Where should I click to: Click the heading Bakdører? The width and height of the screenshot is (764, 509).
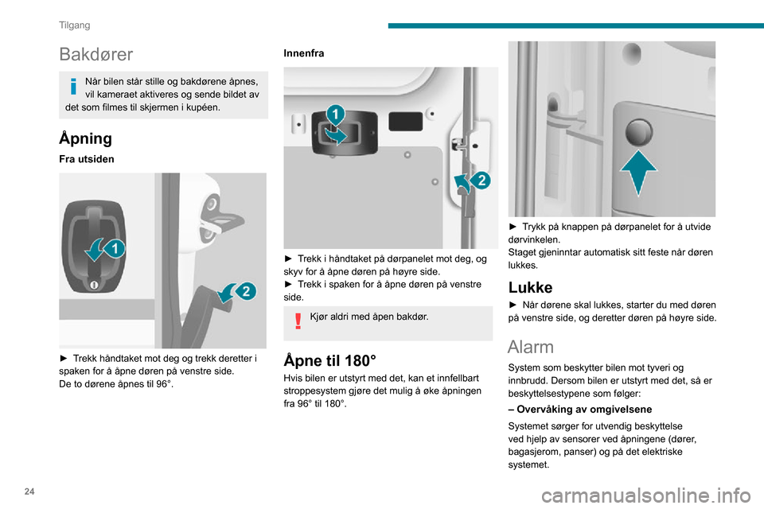95,54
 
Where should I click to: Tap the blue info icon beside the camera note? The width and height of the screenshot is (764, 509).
73,86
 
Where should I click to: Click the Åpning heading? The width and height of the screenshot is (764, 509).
85,138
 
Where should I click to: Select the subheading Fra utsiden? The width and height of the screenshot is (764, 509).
86,159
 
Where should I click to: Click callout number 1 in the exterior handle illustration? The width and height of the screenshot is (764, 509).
115,249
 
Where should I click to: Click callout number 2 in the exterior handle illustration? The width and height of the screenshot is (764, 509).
246,291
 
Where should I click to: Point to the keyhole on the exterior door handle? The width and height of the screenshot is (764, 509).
94,285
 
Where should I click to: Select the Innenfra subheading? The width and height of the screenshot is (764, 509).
303,53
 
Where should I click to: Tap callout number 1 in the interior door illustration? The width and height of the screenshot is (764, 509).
335,115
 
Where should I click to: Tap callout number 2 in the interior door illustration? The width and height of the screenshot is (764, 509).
481,181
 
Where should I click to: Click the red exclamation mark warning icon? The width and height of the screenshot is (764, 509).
298,321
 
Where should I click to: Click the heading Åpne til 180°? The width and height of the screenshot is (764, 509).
329,360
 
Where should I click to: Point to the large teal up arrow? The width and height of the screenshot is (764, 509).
638,173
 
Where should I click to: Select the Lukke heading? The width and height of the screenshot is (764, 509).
530,287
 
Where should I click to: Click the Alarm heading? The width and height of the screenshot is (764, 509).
531,347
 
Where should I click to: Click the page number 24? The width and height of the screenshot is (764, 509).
29,492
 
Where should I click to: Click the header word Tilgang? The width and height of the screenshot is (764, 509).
75,25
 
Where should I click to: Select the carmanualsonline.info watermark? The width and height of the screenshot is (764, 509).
646,495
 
